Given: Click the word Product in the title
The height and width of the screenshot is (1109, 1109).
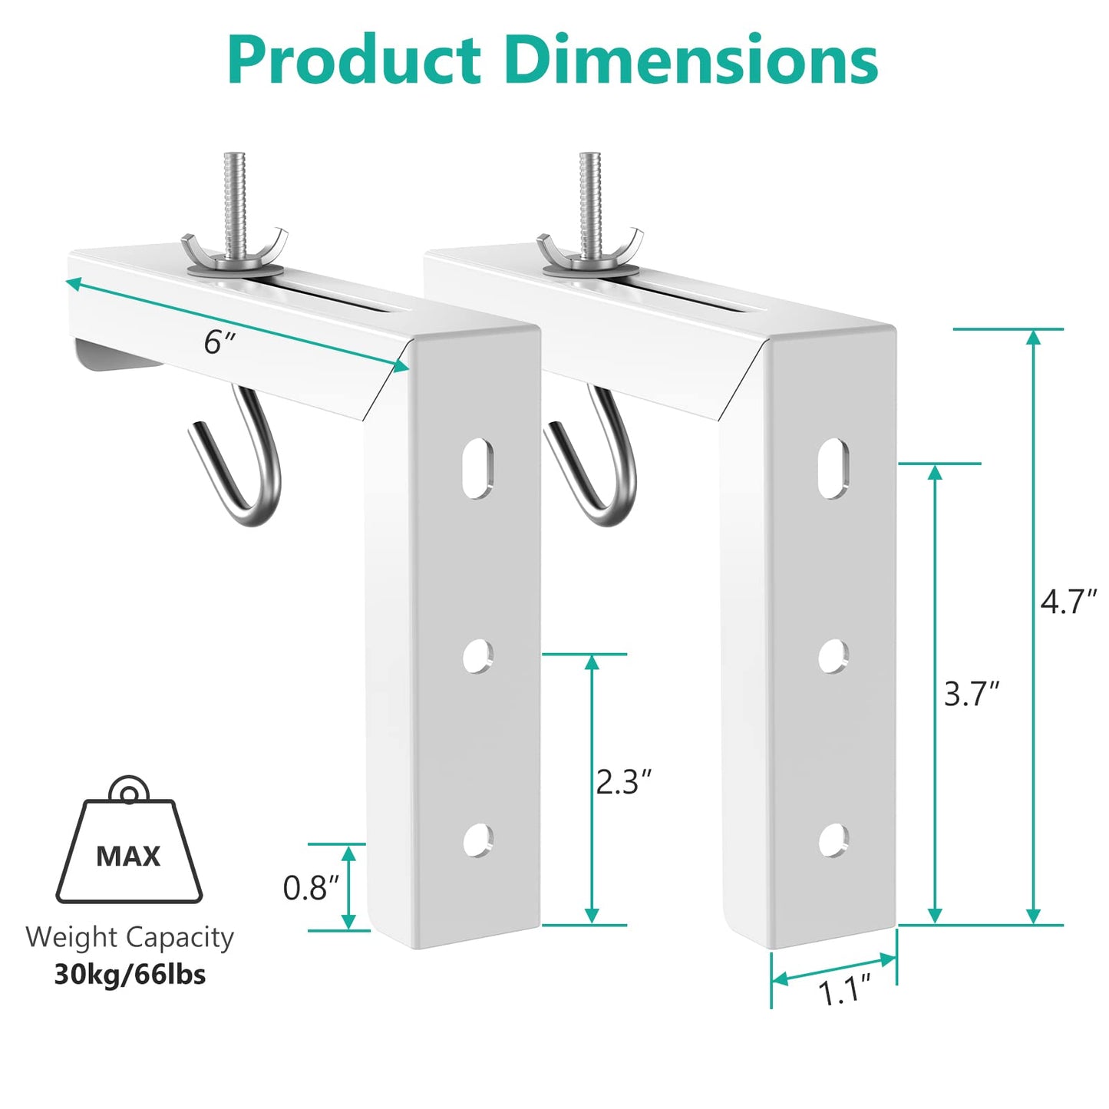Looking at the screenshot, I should [354, 61].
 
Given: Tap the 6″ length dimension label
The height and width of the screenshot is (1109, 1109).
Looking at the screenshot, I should [218, 342].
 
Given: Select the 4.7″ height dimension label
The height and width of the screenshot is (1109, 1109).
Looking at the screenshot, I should [1068, 601].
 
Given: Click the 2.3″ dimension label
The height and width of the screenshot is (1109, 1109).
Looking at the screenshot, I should [623, 782].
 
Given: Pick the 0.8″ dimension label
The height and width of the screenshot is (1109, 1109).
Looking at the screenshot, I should [311, 888].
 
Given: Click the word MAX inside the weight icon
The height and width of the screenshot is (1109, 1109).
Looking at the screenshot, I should [128, 856].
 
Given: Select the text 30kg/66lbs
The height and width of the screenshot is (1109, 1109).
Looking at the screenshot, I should [130, 975].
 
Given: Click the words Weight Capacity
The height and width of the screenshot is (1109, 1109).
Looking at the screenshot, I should [129, 937].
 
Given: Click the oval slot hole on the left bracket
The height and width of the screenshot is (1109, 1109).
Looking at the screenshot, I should [478, 468].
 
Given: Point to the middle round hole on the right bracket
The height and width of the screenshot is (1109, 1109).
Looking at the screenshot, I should [833, 656].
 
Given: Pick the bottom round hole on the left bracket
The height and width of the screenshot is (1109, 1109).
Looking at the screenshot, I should [477, 840].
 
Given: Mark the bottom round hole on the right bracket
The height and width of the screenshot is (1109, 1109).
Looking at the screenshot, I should [833, 840].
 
